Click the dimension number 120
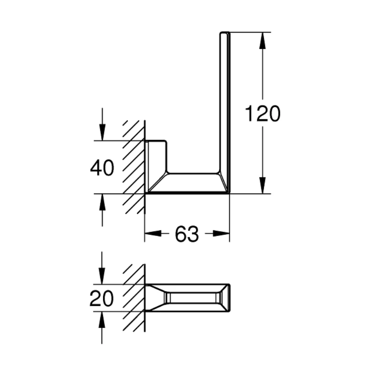(x=262, y=113)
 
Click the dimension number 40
(x=102, y=167)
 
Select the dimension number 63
(x=187, y=234)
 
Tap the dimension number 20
(x=102, y=298)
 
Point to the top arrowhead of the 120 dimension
(x=263, y=40)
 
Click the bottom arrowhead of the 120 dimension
(x=263, y=185)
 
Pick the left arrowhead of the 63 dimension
(x=153, y=233)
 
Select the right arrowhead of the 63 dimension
(x=221, y=233)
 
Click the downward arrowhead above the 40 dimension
(x=102, y=132)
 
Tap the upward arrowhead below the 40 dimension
(x=102, y=202)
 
